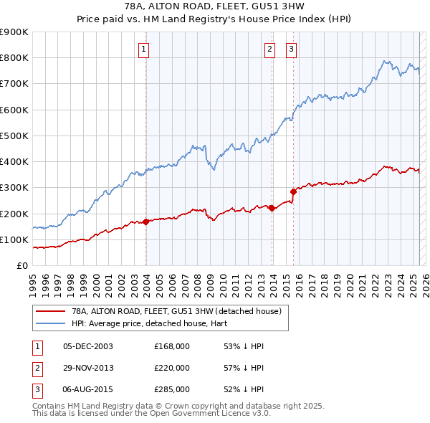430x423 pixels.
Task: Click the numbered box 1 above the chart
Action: pos(144,49)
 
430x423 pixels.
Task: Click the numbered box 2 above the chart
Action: pos(269,49)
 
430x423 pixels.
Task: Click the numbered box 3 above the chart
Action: pos(292,49)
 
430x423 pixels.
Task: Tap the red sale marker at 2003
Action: pos(146,222)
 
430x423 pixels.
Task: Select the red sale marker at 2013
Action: pos(272,208)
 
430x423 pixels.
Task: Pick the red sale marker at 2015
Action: pos(293,191)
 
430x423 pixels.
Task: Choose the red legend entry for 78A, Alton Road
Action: pos(179,311)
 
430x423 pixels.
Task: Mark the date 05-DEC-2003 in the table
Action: pos(88,346)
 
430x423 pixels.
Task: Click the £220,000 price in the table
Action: pos(172,368)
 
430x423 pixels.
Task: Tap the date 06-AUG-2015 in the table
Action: pos(88,389)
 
